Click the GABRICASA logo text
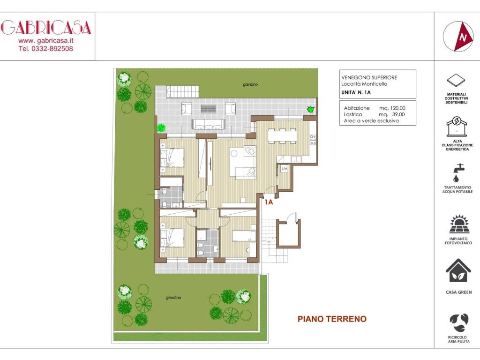coord(46,28)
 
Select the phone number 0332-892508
coord(46,48)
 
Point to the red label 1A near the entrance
coord(269,202)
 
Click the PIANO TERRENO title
coord(332,319)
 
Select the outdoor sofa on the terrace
coord(209,124)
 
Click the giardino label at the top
coord(250,85)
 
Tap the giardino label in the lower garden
coord(173,298)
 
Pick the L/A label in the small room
coord(284,168)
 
